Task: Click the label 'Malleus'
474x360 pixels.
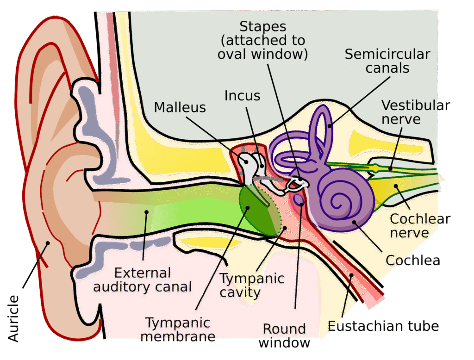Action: [x=180, y=107]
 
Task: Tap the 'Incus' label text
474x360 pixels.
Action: [x=242, y=95]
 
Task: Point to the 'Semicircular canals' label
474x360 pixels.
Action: [x=387, y=61]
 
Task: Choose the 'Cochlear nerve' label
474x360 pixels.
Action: [x=420, y=225]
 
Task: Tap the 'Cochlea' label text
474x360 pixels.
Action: [x=412, y=260]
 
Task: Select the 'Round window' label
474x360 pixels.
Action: [x=284, y=336]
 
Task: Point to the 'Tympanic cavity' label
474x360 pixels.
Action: [x=251, y=286]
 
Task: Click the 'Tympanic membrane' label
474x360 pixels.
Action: [x=178, y=329]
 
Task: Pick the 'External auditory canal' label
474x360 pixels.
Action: [x=143, y=280]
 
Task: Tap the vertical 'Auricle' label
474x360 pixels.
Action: [x=14, y=318]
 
